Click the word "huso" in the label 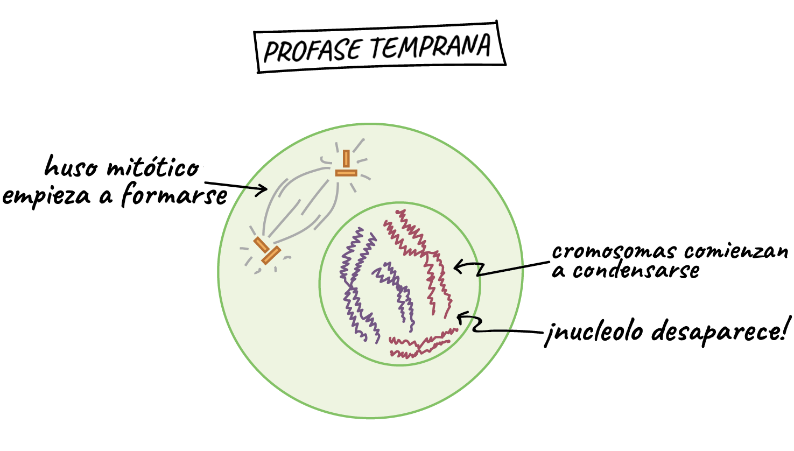(71, 167)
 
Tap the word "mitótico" (153, 168)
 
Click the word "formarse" (174, 194)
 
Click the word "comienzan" (736, 251)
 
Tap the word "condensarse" (635, 271)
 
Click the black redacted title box (378, 49)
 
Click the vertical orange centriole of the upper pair (346, 159)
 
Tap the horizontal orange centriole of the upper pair (346, 173)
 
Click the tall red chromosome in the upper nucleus (425, 253)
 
